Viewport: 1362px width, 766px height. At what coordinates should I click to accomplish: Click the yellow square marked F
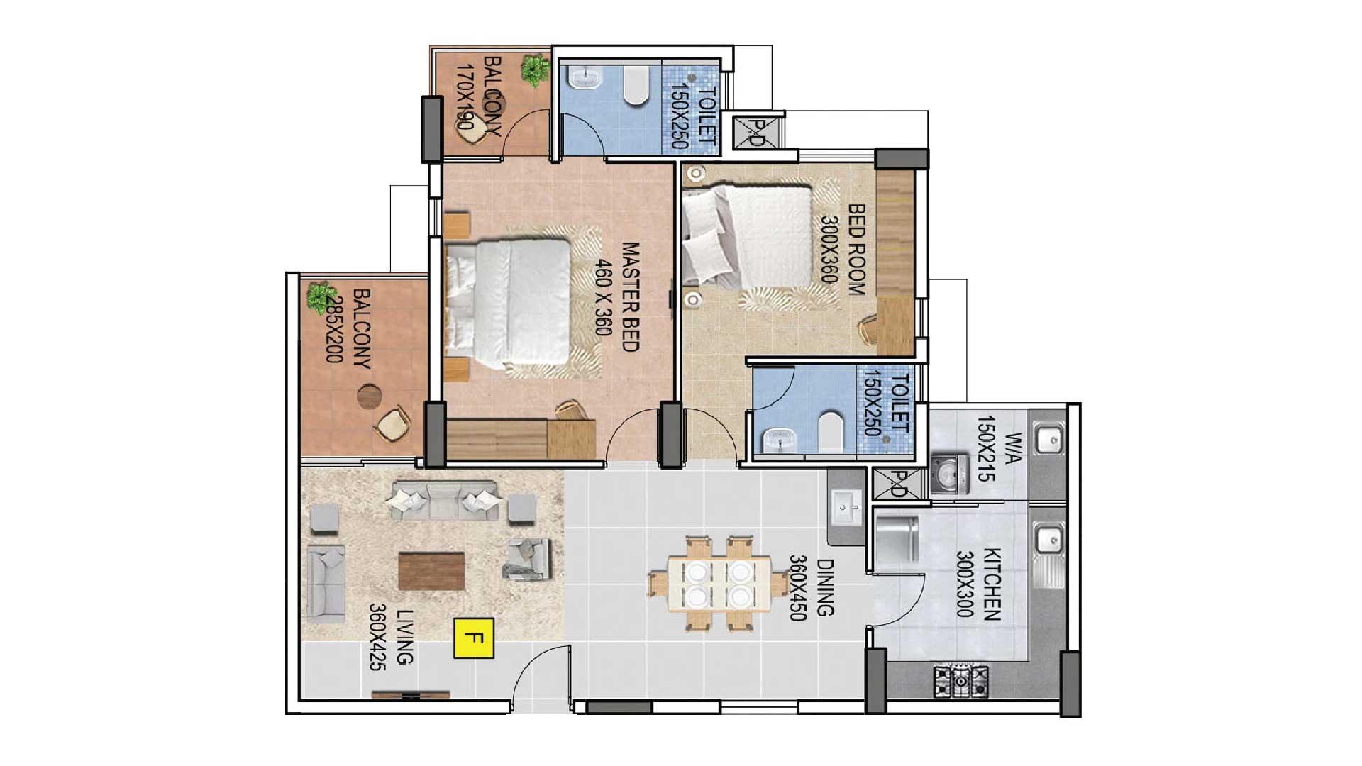click(x=473, y=638)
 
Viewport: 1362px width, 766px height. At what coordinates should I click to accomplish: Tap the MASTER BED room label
click(x=631, y=297)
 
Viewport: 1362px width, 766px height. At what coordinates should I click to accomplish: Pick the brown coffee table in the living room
click(x=431, y=571)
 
